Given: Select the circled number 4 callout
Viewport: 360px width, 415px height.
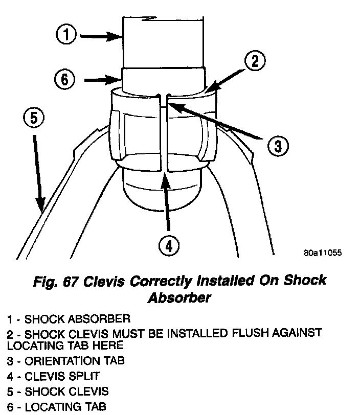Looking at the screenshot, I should click(169, 247).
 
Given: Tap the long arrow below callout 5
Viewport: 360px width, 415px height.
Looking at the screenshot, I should click(37, 171).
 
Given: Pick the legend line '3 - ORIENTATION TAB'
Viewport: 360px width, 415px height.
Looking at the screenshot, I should click(66, 361).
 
